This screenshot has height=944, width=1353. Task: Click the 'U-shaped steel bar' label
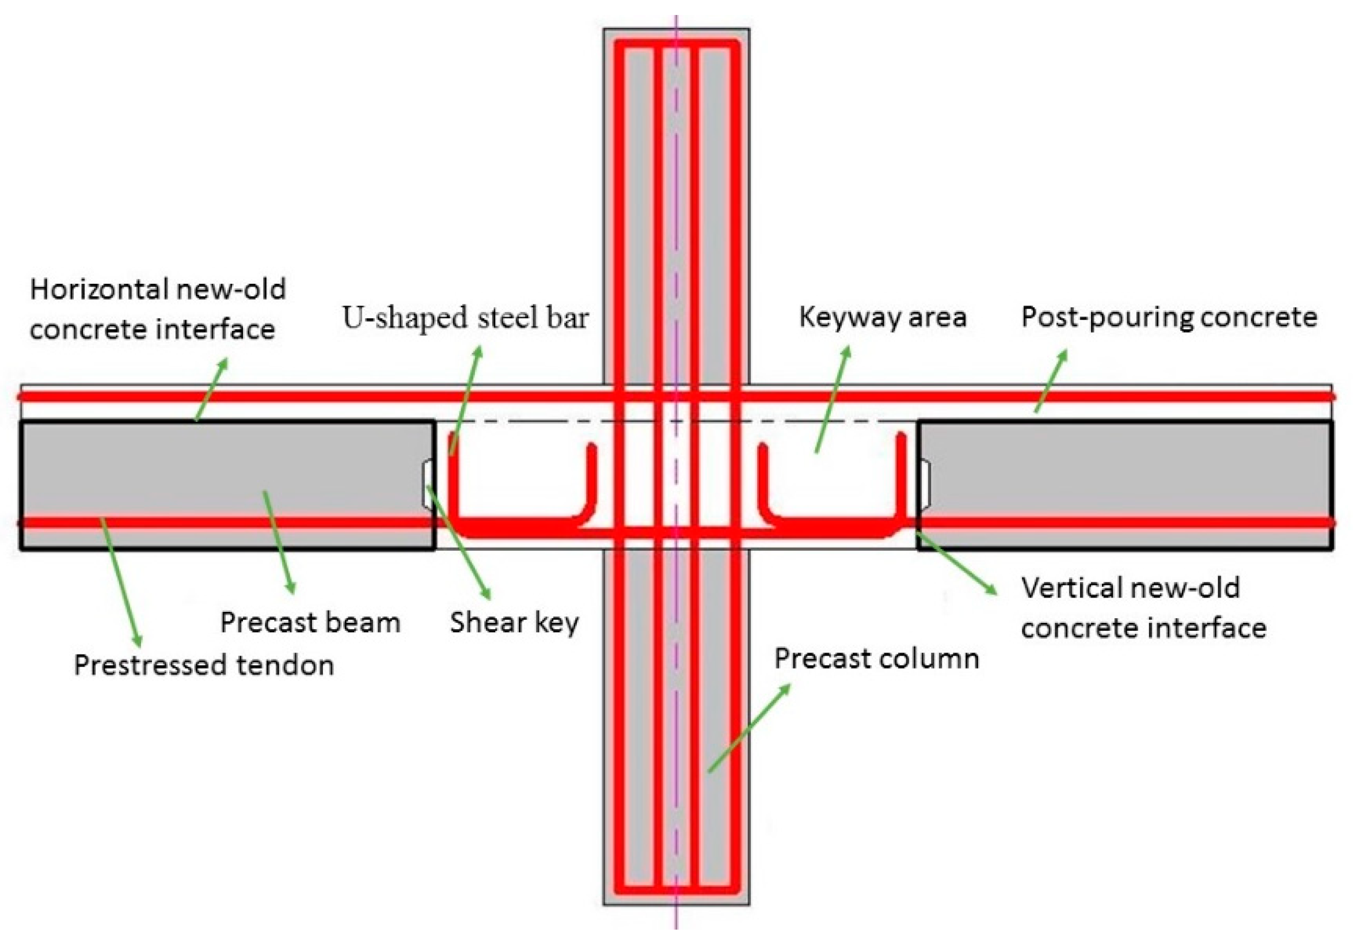[x=466, y=318]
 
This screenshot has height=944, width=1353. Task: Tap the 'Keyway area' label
[x=883, y=317]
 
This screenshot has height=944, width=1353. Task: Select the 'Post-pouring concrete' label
[x=1169, y=317]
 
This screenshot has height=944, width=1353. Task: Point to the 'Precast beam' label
[x=310, y=622]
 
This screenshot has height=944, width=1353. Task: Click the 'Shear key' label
[x=515, y=622]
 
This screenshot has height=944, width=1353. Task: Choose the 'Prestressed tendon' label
[x=204, y=665]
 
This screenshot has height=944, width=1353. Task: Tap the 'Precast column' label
[x=877, y=658]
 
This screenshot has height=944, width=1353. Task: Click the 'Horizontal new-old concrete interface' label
[x=157, y=309]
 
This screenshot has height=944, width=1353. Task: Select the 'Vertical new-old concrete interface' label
[x=1143, y=607]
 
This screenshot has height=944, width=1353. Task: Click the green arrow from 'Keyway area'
[x=833, y=400]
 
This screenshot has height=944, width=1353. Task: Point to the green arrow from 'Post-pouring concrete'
[x=1051, y=381]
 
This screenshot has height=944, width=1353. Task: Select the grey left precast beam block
[x=177, y=471]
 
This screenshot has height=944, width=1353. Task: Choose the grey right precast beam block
[x=1149, y=471]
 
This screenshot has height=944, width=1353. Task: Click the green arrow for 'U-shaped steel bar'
[x=466, y=401]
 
